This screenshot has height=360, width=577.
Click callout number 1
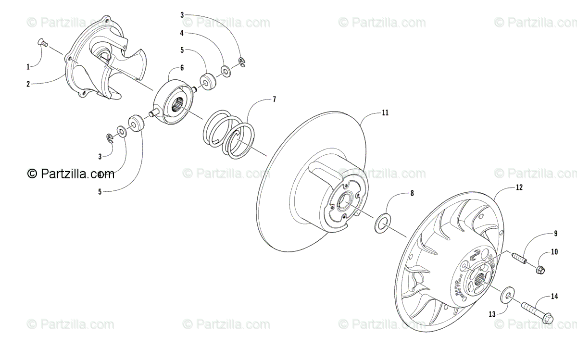(28, 66)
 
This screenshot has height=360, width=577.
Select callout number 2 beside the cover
(28, 84)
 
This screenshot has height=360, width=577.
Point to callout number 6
(182, 68)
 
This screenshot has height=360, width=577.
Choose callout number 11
(385, 112)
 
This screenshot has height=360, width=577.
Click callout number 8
(411, 194)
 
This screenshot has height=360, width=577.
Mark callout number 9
(555, 234)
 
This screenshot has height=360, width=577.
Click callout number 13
(491, 314)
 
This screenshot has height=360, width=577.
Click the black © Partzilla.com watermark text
(71, 174)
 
